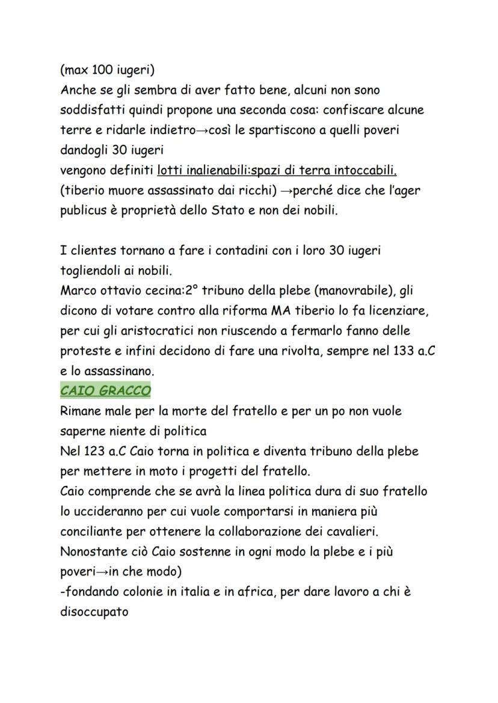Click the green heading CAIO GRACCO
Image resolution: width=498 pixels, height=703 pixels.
point(105,391)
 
